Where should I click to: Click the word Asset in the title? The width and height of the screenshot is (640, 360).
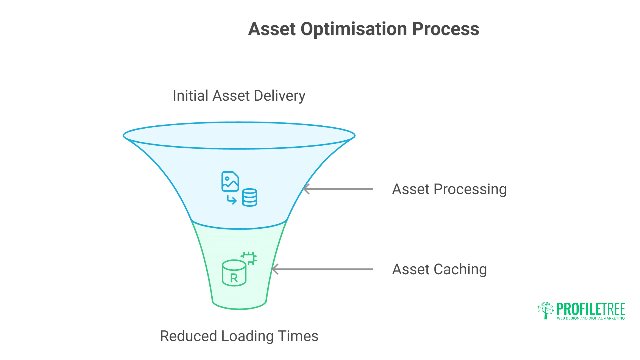(272, 29)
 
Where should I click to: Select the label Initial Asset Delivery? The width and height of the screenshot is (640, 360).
(239, 96)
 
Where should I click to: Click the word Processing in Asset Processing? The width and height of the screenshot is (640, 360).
(470, 190)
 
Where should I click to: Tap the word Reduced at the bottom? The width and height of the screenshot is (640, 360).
(188, 336)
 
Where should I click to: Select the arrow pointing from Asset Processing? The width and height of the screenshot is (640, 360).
(338, 189)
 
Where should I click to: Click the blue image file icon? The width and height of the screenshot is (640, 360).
(230, 181)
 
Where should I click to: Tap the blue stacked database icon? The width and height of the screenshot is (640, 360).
(250, 197)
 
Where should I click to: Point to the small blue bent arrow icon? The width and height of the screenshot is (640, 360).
(232, 200)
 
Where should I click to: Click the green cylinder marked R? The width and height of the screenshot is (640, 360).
(234, 273)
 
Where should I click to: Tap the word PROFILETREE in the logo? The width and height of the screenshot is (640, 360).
(591, 309)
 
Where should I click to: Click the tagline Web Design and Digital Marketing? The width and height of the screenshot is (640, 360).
(591, 318)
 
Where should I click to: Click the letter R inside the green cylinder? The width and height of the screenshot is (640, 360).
(234, 278)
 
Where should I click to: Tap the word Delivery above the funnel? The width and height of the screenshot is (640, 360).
(279, 96)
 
